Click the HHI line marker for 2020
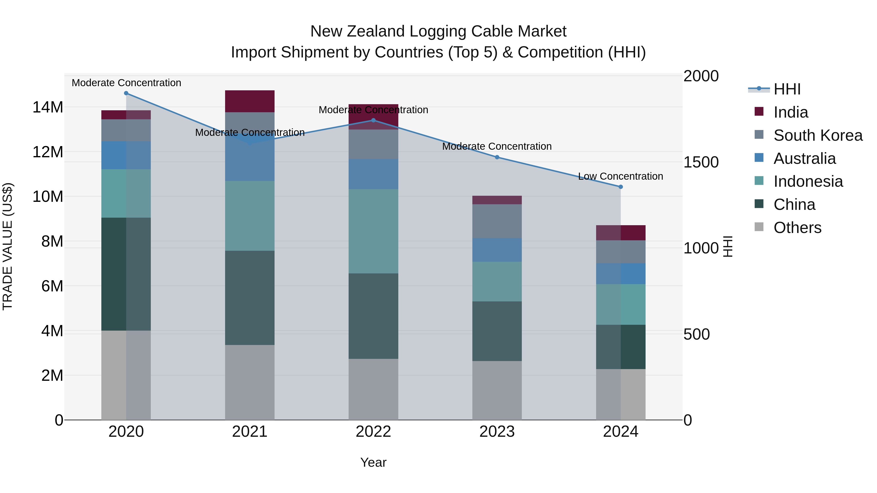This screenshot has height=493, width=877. [x=126, y=93]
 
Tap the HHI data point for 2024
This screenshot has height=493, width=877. [x=621, y=187]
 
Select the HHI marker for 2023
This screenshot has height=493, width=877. [x=497, y=157]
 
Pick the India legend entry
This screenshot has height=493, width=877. [x=791, y=112]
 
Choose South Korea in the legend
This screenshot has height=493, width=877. [x=818, y=135]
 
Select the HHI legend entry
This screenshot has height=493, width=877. [x=787, y=89]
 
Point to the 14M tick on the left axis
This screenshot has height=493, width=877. [x=48, y=107]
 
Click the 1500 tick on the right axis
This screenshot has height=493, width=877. [x=701, y=162]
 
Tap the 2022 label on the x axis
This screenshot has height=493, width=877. [x=373, y=432]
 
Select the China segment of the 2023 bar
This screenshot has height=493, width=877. [x=497, y=331]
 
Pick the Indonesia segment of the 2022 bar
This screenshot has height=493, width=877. [x=373, y=231]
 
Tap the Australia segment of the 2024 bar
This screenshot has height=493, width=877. [x=621, y=274]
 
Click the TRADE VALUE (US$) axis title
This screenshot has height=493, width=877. [x=8, y=246]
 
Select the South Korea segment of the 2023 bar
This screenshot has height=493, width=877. [x=497, y=221]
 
